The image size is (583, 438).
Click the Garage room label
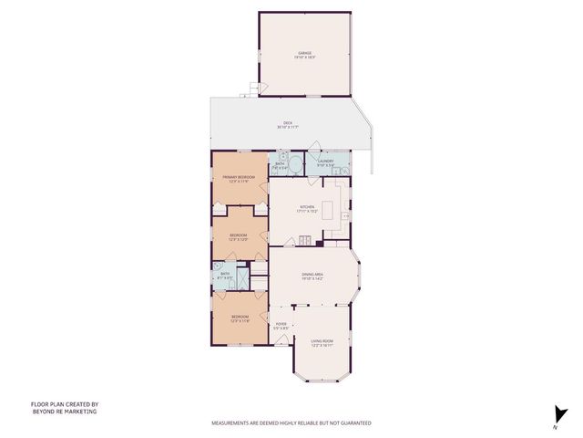303,55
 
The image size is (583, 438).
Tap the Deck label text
287,125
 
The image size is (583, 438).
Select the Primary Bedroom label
240,180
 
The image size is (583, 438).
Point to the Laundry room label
326,163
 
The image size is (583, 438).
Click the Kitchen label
307,209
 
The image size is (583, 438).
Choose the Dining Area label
313,276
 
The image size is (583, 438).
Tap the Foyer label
282,326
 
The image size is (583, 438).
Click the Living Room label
322,343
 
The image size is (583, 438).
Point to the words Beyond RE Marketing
64,412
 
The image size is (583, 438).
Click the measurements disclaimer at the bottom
291,423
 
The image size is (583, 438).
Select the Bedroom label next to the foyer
240,318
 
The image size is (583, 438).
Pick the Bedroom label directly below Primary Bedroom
239,236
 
